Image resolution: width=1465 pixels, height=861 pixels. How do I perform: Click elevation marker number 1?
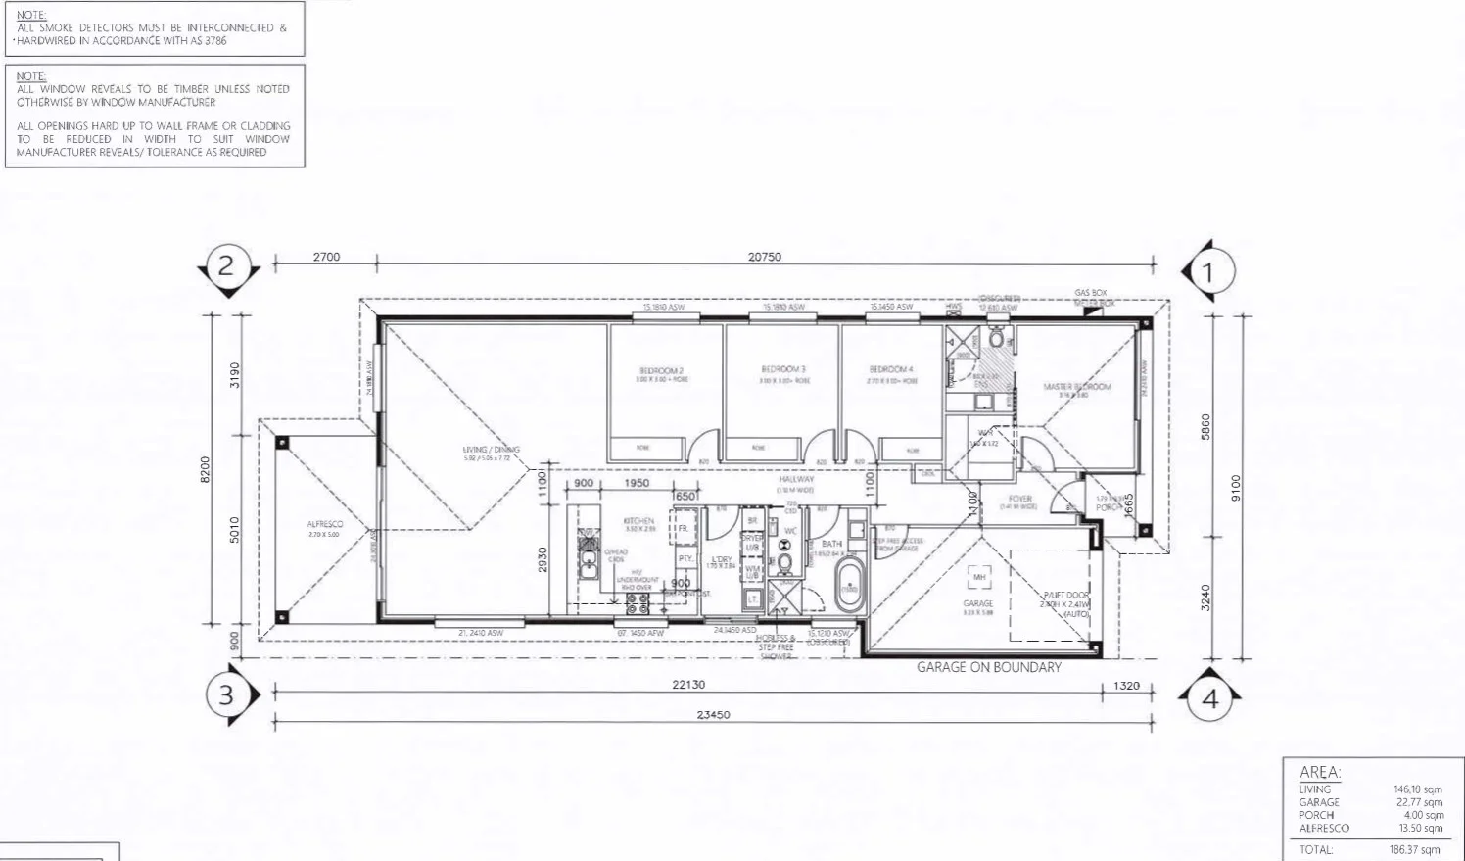[x=1207, y=271]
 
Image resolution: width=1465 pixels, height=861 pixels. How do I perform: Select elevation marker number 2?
[x=226, y=265]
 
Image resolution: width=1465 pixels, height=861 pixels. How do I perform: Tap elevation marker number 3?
[x=226, y=695]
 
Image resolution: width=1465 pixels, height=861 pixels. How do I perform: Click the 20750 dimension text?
[x=765, y=257]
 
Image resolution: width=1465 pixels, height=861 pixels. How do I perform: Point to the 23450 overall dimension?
[x=714, y=714]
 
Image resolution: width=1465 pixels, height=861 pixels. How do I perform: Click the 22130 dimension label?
[x=689, y=685]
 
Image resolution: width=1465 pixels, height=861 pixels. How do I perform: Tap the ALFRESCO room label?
[x=325, y=525]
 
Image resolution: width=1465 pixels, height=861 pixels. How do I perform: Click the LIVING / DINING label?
[x=492, y=450]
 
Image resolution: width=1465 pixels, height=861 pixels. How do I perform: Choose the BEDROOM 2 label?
[x=661, y=370]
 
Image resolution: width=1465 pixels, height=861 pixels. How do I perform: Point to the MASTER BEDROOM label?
[x=1077, y=387]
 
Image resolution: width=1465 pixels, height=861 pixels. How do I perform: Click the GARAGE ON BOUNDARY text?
[x=988, y=667]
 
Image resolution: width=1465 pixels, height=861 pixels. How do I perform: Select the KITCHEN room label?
[x=639, y=521]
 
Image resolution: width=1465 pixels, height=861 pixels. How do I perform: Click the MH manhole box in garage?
[x=979, y=577]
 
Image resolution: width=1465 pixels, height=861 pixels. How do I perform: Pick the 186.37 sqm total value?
[x=1417, y=849]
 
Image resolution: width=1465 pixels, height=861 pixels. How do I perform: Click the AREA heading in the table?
[x=1320, y=772]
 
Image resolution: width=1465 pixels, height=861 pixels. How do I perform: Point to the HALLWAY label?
[x=796, y=479]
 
